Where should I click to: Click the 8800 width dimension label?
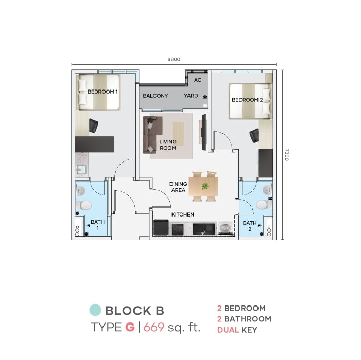[x=174, y=59]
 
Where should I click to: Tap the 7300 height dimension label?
[x=287, y=155]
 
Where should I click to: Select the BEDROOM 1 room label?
[x=102, y=92]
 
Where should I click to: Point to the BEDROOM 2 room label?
[x=247, y=100]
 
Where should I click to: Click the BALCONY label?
[x=156, y=96]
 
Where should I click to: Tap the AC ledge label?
[x=198, y=80]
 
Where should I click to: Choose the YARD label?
[x=191, y=96]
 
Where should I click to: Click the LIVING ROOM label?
[x=168, y=145]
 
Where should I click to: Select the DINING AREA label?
[x=178, y=187]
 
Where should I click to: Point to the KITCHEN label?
[x=183, y=214]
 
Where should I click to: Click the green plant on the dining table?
[x=204, y=186]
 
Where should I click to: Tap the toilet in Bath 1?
[x=84, y=205]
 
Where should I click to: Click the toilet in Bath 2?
[x=264, y=204]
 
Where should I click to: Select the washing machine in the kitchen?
[x=225, y=228]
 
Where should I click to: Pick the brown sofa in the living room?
[x=152, y=134]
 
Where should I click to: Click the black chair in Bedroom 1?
[x=94, y=125]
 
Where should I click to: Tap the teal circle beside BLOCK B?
[x=95, y=310]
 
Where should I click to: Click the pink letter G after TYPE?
[x=130, y=327]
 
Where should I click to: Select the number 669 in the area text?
[x=154, y=327]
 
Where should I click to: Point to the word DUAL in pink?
[x=228, y=330]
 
